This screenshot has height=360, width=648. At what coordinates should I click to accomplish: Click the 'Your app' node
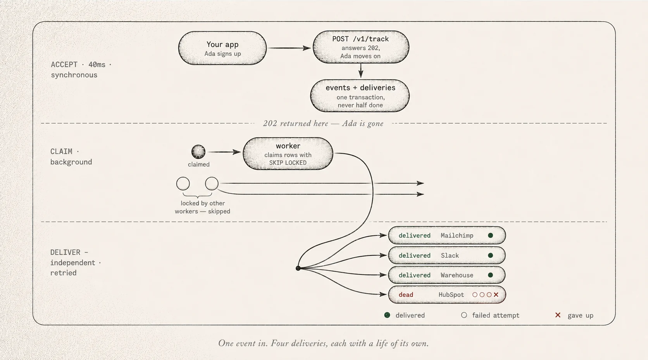coord(222,48)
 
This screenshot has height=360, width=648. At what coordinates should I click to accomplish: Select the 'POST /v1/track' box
coord(361,47)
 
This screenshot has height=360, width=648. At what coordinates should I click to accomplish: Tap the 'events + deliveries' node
coord(360,96)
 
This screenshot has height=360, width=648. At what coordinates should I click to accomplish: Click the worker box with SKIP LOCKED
coord(288,153)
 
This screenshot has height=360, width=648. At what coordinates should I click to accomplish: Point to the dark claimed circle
coord(198,152)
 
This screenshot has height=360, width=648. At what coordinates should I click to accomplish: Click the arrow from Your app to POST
coord(289,48)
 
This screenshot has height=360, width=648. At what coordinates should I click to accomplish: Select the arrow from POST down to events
coord(361,71)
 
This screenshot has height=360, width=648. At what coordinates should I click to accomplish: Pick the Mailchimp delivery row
coord(446,235)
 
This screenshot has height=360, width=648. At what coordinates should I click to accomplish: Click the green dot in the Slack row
coord(490,255)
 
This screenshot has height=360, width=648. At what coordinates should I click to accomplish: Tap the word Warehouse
coord(457,275)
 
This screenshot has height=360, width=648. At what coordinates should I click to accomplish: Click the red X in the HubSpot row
coord(496,295)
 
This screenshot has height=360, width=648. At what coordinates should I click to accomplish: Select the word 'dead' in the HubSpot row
coord(406,295)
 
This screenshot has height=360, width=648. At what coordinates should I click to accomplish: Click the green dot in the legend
coord(387,315)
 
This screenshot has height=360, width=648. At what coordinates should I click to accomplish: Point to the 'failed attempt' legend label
coord(496,315)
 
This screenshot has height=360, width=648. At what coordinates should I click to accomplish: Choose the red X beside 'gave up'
coord(558,315)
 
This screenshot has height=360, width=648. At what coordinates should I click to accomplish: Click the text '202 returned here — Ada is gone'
coord(323,124)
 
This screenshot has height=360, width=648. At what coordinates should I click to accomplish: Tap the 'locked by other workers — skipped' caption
coord(202,207)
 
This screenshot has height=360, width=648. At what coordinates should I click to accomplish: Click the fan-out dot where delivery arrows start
coord(298,268)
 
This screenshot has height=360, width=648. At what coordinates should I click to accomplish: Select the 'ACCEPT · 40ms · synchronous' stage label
coord(81,70)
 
